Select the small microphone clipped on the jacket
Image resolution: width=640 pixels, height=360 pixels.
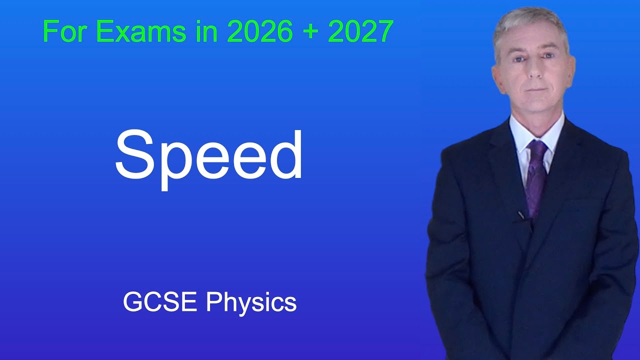[521, 215]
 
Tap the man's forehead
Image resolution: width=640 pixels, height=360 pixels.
[531, 42]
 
